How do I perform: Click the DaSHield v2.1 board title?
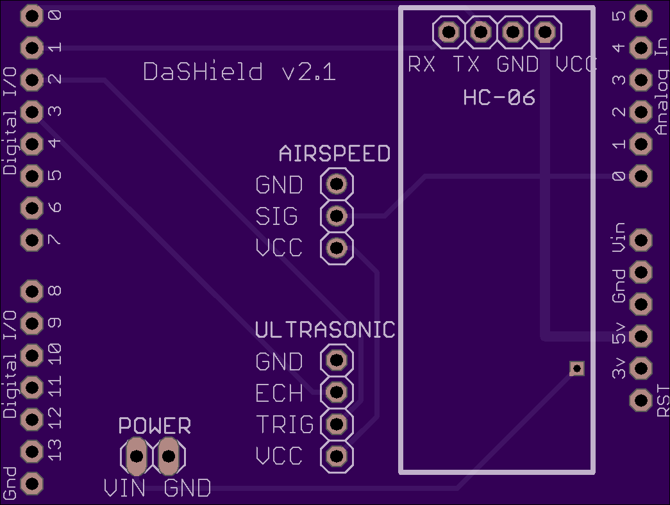pyautogui.click(x=239, y=71)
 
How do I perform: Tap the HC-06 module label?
pyautogui.click(x=499, y=97)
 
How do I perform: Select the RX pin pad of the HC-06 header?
pyautogui.click(x=449, y=31)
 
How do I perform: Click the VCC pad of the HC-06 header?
pyautogui.click(x=545, y=31)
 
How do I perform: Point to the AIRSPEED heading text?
pyautogui.click(x=335, y=153)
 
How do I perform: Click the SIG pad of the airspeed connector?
pyautogui.click(x=337, y=216)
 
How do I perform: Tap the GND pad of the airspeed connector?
pyautogui.click(x=337, y=184)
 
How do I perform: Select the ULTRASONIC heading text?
pyautogui.click(x=325, y=330)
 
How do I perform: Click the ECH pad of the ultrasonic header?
pyautogui.click(x=337, y=392)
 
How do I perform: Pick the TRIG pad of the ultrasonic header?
pyautogui.click(x=337, y=424)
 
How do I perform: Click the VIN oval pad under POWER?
pyautogui.click(x=137, y=456)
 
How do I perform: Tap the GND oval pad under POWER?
pyautogui.click(x=169, y=456)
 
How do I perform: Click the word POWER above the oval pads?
pyautogui.click(x=155, y=426)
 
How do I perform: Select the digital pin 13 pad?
pyautogui.click(x=32, y=452)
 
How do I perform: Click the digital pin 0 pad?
pyautogui.click(x=32, y=16)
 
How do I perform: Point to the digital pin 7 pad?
pyautogui.click(x=32, y=240)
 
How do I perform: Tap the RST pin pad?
pyautogui.click(x=641, y=401)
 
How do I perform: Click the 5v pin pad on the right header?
pyautogui.click(x=641, y=336)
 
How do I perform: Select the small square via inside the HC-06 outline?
pyautogui.click(x=577, y=368)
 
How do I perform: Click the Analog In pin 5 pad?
pyautogui.click(x=641, y=16)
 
